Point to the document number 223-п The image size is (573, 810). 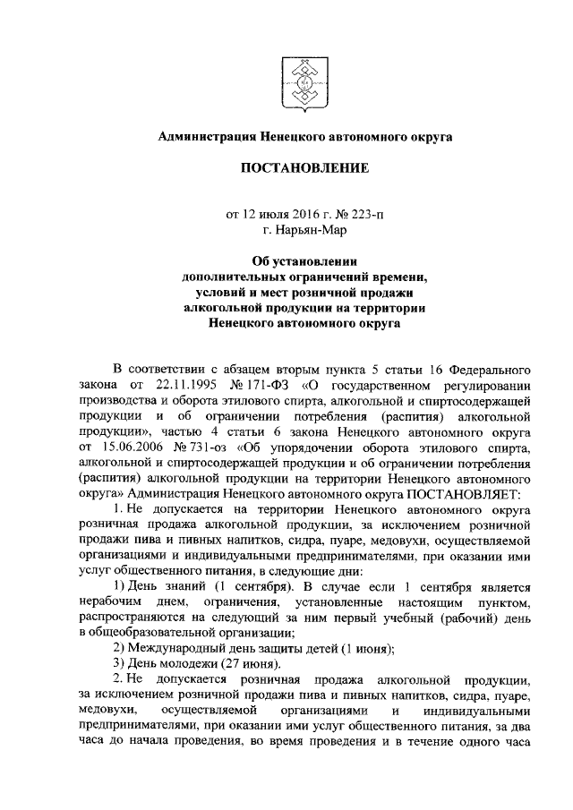click(369, 214)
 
